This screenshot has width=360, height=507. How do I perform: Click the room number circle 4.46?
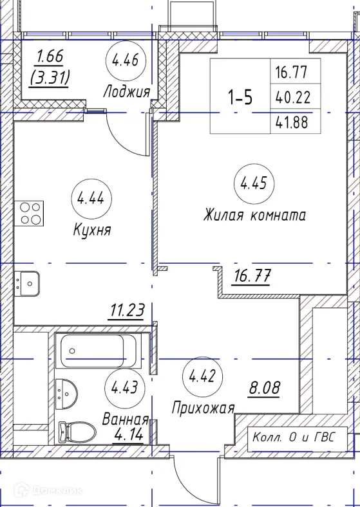tap(125, 62)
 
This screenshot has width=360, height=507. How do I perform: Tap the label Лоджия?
tap(126, 93)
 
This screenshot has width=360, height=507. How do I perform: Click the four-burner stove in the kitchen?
tap(30, 213)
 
